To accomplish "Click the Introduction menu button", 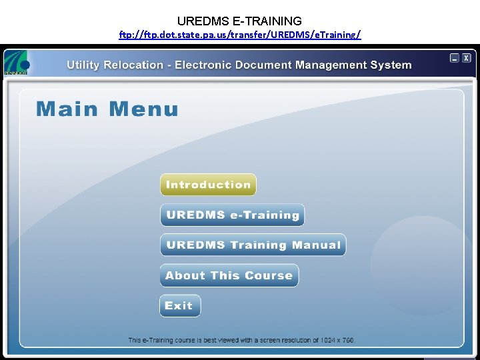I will click(x=208, y=185).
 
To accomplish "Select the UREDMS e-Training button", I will click(x=232, y=215).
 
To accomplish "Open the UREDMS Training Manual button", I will click(x=253, y=245).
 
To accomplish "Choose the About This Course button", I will click(x=229, y=275).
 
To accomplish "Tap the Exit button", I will click(x=179, y=306).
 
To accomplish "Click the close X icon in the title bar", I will click(x=466, y=58).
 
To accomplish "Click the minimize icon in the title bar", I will click(x=455, y=58).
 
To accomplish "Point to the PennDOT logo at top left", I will click(x=16, y=64).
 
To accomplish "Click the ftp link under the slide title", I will click(x=240, y=35).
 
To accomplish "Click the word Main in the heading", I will click(x=67, y=109).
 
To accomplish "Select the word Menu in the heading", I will click(x=143, y=109).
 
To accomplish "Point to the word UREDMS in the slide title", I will click(x=201, y=21).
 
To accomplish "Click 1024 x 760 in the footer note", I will click(x=337, y=340).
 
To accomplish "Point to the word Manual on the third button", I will click(x=317, y=245).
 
